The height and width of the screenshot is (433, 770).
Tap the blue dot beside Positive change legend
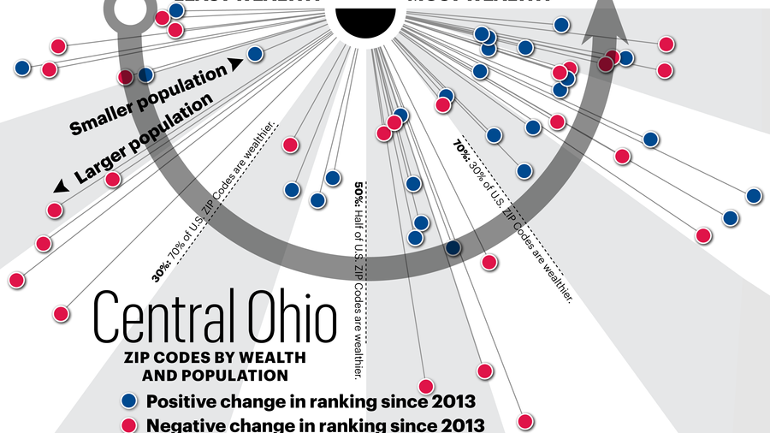(129, 400)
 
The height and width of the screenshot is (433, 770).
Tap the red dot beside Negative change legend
(129, 424)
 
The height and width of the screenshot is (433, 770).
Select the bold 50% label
(358, 189)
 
